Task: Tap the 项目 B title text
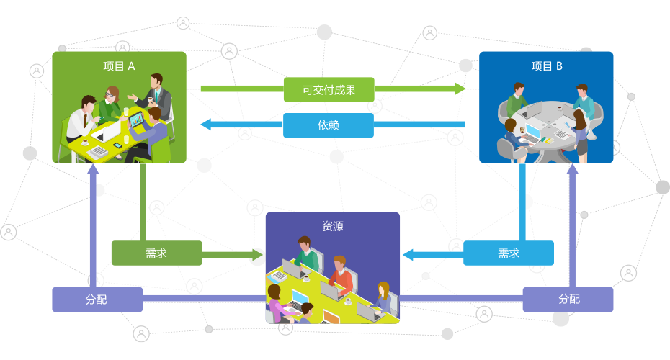(x=547, y=66)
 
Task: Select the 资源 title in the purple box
(x=333, y=226)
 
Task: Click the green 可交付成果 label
(x=329, y=90)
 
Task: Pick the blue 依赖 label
(x=329, y=125)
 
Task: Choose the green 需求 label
(x=156, y=253)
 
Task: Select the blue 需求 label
(x=509, y=253)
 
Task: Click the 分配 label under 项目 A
(x=97, y=300)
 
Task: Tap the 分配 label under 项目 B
(x=568, y=300)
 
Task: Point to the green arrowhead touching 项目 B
(x=460, y=89)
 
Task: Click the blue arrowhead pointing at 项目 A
(x=205, y=125)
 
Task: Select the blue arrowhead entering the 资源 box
(x=408, y=254)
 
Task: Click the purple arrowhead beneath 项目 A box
(x=92, y=170)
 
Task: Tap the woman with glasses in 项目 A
(x=111, y=102)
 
